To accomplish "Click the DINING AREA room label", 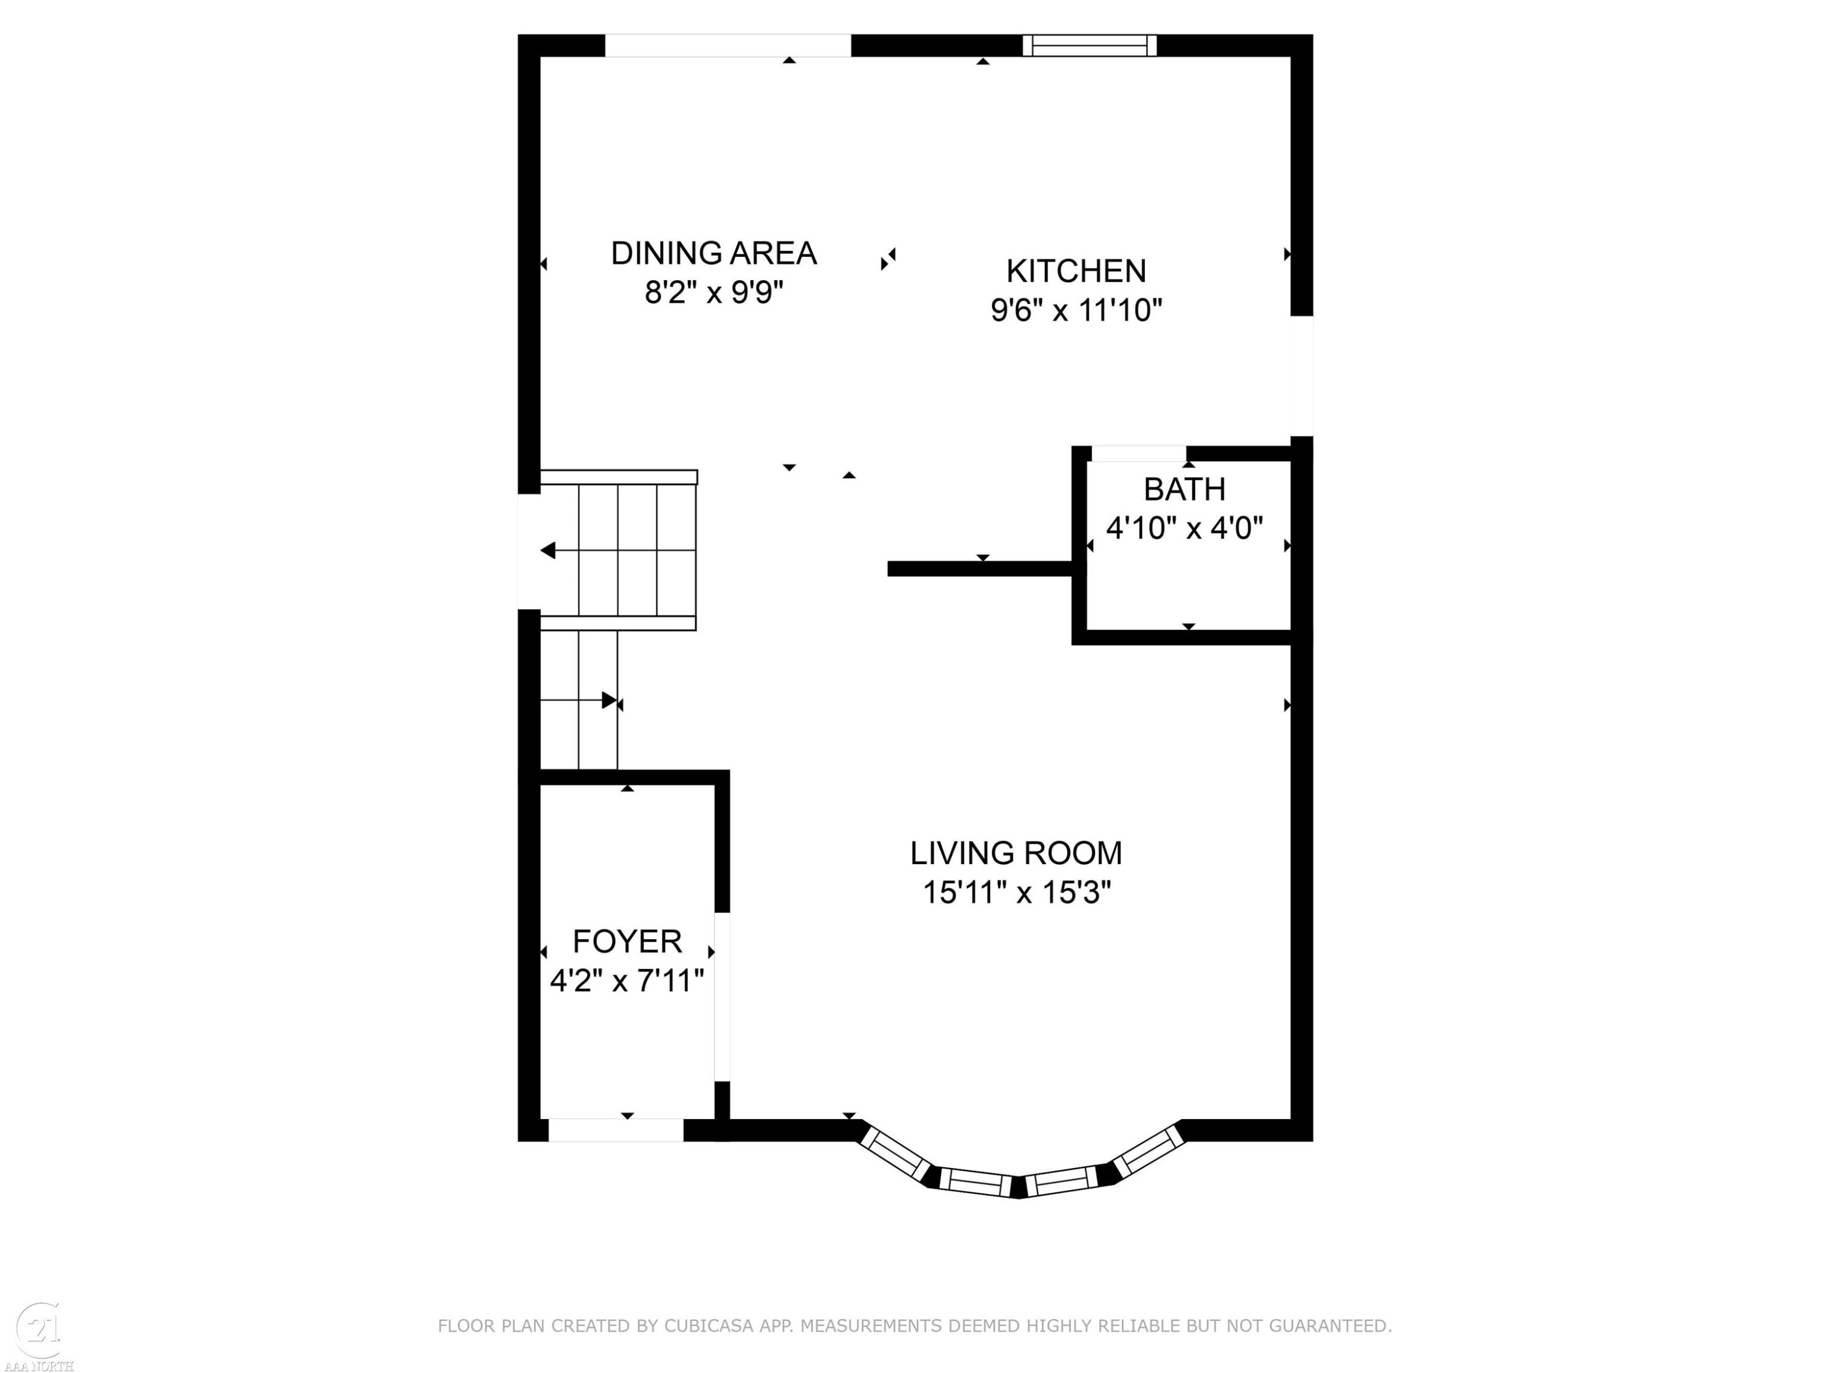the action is [713, 253].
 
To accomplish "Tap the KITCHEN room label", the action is [1076, 272].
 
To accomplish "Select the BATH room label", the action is [1185, 490].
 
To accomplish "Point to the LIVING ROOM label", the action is [1016, 853].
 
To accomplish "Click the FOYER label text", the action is [627, 942].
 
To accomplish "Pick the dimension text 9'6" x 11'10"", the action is [1076, 311].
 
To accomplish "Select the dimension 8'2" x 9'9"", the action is [713, 293].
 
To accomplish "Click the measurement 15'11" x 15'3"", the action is [1016, 893].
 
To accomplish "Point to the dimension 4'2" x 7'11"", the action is [627, 981].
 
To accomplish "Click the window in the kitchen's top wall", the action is [1089, 46].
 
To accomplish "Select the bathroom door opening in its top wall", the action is [1139, 453].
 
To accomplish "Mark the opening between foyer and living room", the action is [722, 997].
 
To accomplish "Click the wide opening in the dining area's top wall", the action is [728, 46].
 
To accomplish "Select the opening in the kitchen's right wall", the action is [1301, 376].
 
